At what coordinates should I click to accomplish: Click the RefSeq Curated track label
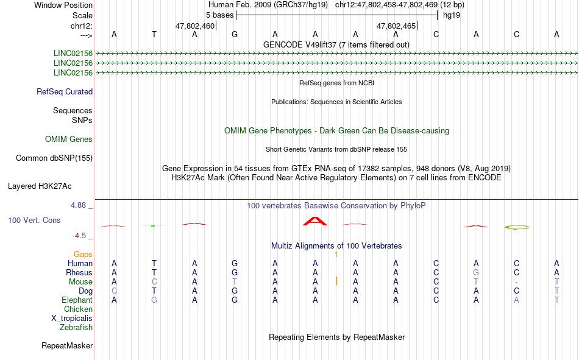pyautogui.click(x=65, y=91)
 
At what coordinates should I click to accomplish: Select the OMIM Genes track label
pyautogui.click(x=69, y=139)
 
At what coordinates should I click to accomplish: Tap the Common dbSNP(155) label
pyautogui.click(x=54, y=158)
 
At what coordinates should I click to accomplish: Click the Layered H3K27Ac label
pyautogui.click(x=40, y=186)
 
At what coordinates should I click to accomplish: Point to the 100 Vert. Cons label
pyautogui.click(x=34, y=220)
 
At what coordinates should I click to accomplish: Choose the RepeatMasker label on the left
pyautogui.click(x=67, y=345)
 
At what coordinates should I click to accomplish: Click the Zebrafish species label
pyautogui.click(x=76, y=328)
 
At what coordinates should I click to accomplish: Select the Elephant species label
pyautogui.click(x=77, y=300)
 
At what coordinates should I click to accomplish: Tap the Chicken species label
pyautogui.click(x=78, y=309)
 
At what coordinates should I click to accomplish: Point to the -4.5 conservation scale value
pyautogui.click(x=79, y=236)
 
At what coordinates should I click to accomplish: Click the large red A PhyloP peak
pyautogui.click(x=315, y=221)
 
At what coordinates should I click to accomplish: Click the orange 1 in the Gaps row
pyautogui.click(x=336, y=255)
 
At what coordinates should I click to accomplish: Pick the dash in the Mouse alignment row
pyautogui.click(x=516, y=282)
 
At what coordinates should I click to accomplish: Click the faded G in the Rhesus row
pyautogui.click(x=476, y=272)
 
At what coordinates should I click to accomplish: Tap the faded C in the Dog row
pyautogui.click(x=114, y=291)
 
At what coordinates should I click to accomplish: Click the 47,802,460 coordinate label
pyautogui.click(x=195, y=26)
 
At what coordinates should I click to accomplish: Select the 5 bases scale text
pyautogui.click(x=219, y=15)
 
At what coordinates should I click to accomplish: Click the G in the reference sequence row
pyautogui.click(x=235, y=34)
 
